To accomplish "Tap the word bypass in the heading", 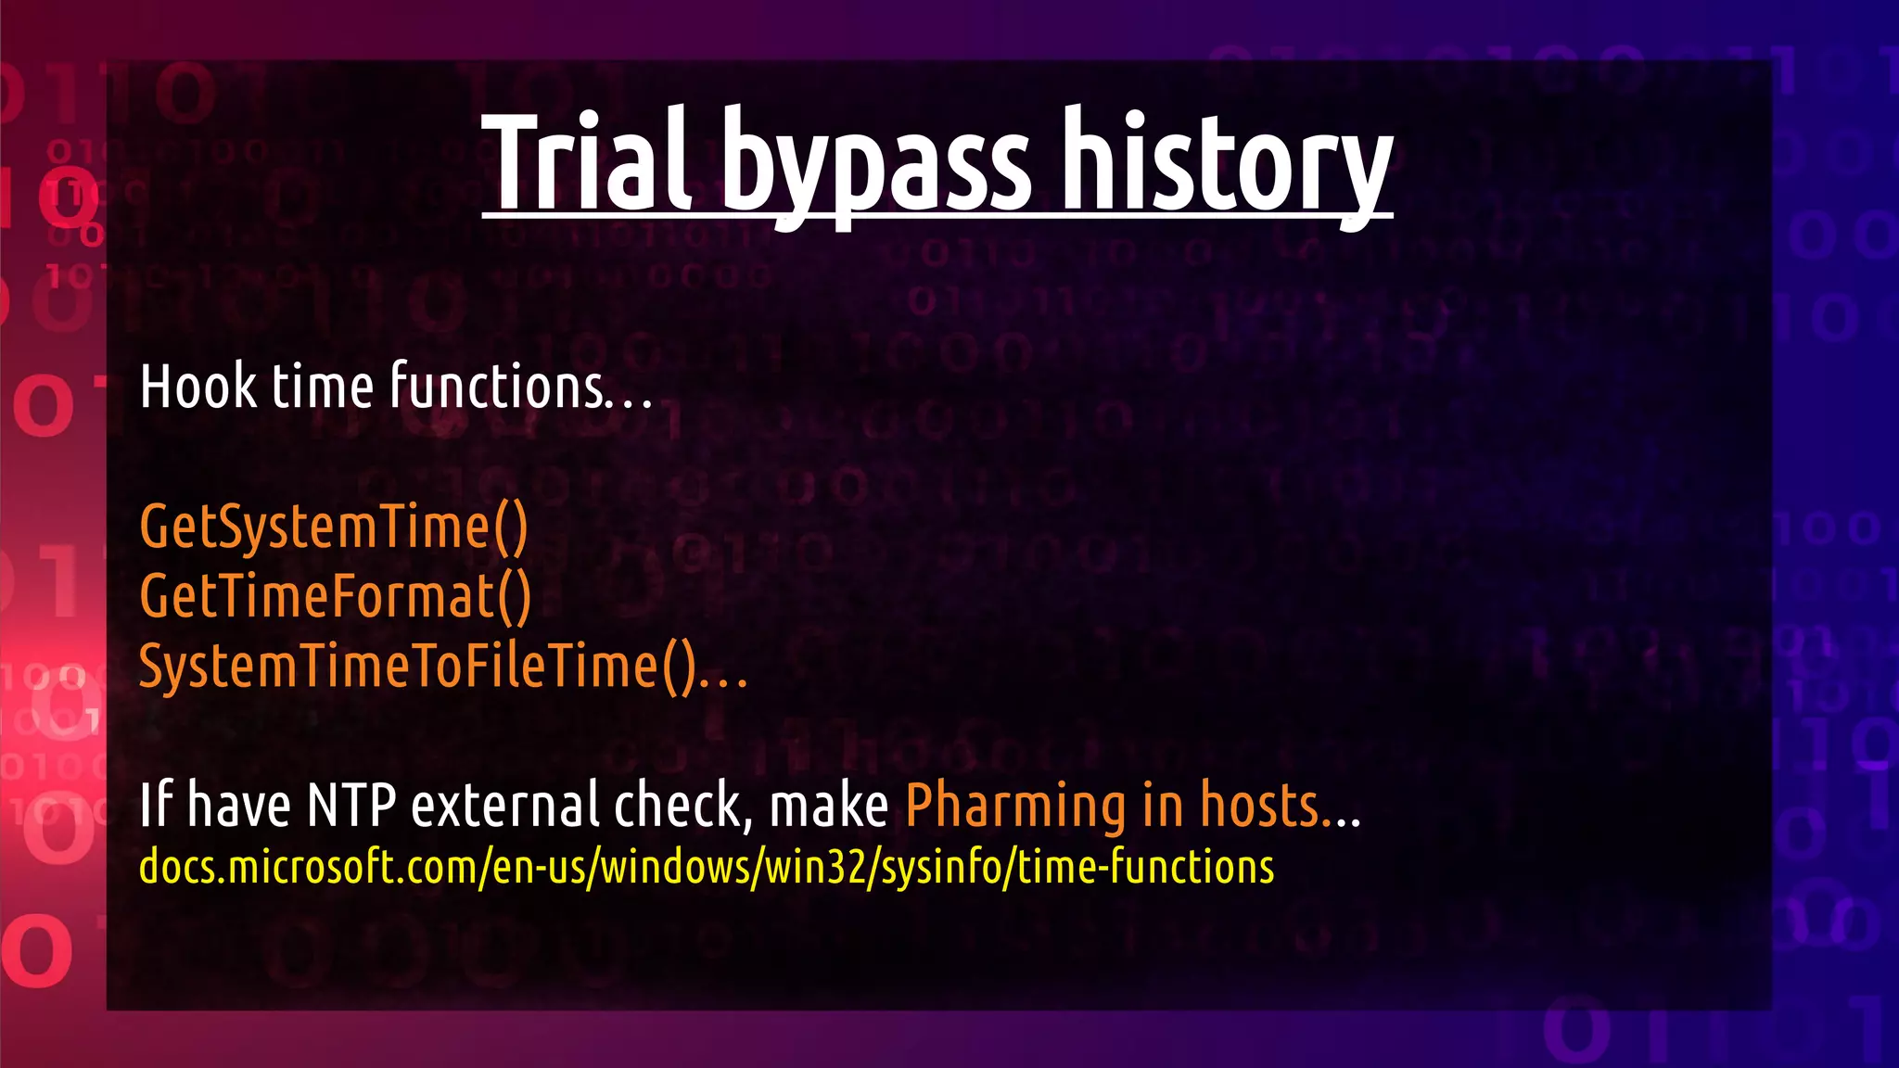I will [875, 167].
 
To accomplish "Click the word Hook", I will [198, 387].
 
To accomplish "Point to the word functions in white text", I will [497, 387].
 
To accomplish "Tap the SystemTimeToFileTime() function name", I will [417, 667].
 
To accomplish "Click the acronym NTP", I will [351, 805].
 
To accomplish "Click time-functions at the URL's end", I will [1146, 868].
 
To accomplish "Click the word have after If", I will [239, 805].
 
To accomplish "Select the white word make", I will [829, 805].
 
